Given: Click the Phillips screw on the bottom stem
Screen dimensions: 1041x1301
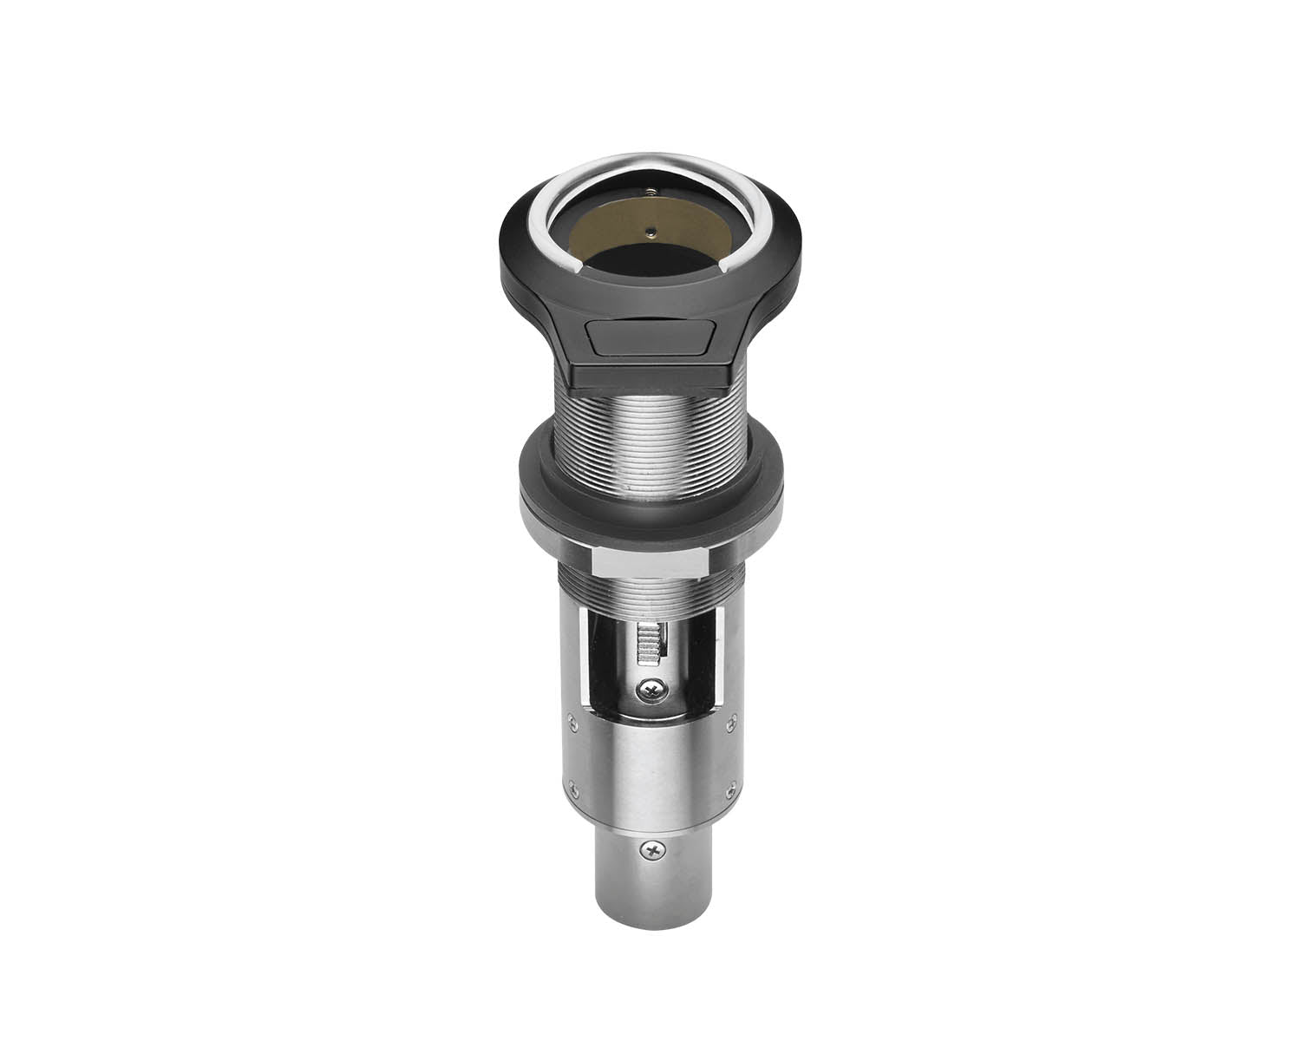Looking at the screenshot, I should (653, 849).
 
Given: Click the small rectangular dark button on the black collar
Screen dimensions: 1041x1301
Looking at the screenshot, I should (649, 338).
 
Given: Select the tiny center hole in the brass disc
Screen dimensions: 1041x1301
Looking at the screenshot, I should (650, 230).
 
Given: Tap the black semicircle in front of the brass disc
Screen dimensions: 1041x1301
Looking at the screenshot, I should (650, 260).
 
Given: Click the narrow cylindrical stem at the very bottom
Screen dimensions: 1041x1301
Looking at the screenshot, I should (650, 894).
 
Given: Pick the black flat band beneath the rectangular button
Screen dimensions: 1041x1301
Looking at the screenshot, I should (650, 375).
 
